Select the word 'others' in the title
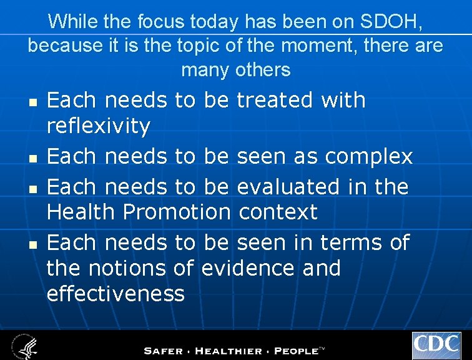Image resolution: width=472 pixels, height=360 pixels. (263, 70)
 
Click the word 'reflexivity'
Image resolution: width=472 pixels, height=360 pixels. (99, 126)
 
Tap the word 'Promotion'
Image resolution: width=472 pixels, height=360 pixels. (177, 212)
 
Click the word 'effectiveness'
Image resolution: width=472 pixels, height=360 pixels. (116, 293)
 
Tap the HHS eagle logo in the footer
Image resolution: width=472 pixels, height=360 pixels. (23, 346)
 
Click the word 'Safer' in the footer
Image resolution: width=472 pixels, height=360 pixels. (165, 351)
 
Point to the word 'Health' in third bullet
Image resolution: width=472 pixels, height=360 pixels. (81, 212)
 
